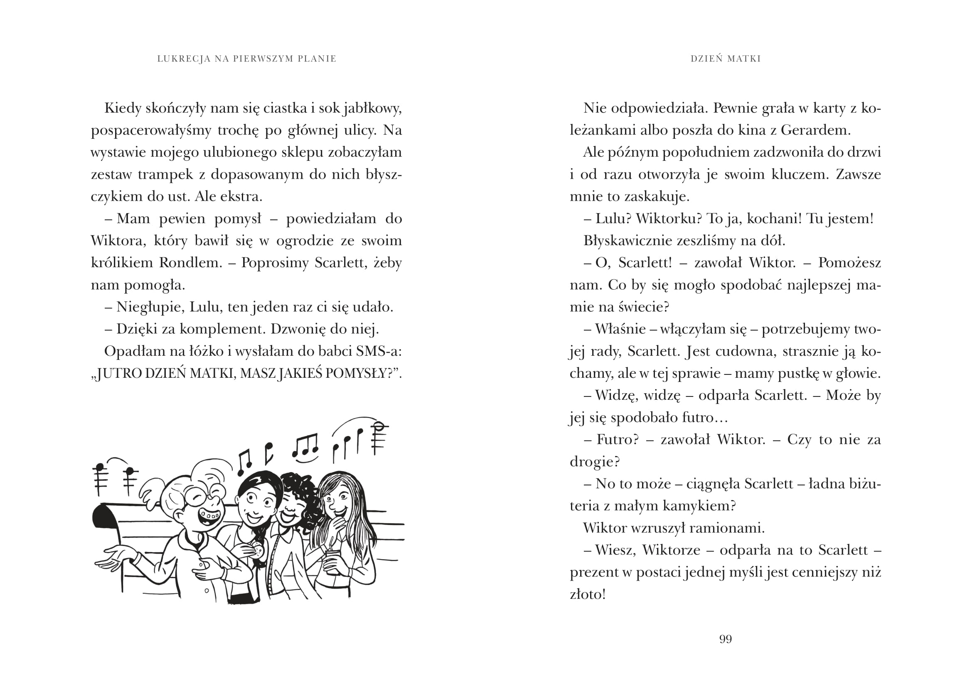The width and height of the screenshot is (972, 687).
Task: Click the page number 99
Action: click(x=725, y=639)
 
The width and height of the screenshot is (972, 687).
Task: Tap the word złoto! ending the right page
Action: click(x=588, y=594)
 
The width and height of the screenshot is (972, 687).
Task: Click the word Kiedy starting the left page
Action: click(x=122, y=108)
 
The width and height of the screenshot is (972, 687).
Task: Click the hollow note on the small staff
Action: click(x=380, y=426)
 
